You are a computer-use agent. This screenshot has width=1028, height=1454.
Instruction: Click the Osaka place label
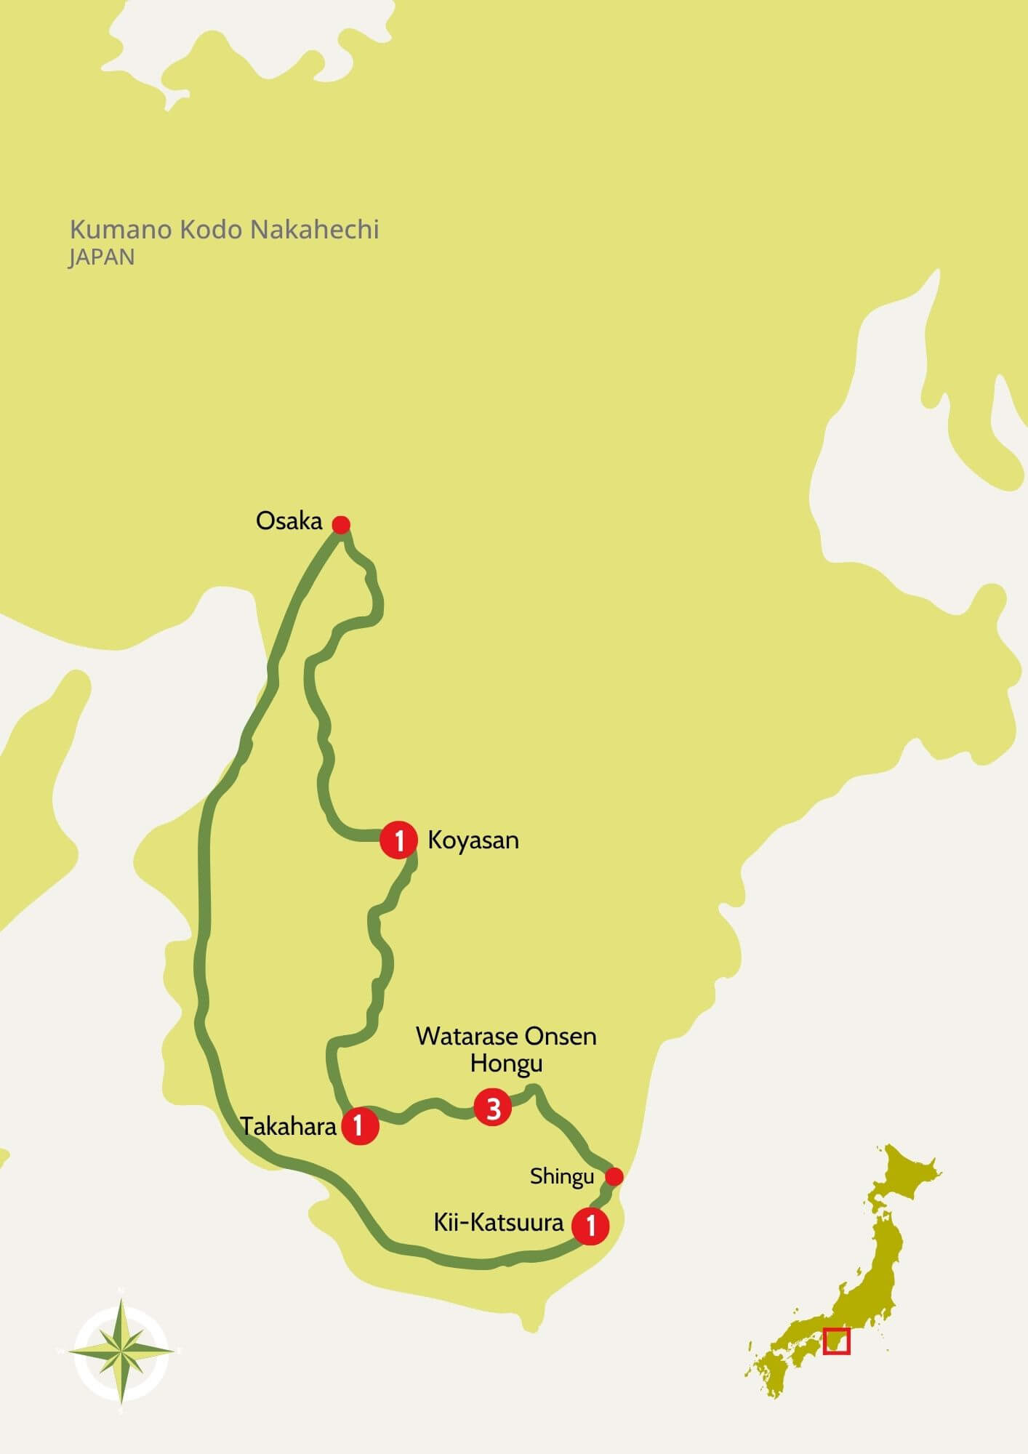click(289, 521)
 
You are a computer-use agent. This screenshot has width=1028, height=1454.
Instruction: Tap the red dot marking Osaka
click(341, 525)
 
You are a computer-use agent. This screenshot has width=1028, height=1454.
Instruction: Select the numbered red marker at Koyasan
click(398, 840)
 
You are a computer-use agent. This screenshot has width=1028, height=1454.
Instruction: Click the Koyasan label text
click(473, 840)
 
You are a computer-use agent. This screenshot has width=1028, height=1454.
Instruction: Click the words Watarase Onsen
click(506, 1036)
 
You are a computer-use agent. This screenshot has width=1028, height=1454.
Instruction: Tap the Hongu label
click(506, 1064)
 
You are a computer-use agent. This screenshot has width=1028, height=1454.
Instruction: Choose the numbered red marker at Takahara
click(359, 1126)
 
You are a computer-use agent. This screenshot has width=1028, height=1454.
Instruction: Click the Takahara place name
click(289, 1127)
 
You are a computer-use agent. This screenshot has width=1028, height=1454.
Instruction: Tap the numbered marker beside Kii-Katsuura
click(590, 1226)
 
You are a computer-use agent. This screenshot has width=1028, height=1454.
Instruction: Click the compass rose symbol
click(121, 1351)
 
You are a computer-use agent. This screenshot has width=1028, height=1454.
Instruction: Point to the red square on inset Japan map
click(836, 1341)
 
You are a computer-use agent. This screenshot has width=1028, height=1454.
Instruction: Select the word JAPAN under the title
click(102, 257)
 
